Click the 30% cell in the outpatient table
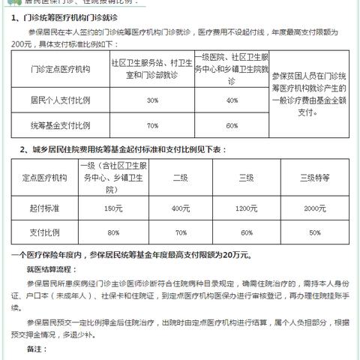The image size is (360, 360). (152, 100)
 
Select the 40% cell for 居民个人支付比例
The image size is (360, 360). (232, 100)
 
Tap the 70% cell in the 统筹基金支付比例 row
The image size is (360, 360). (152, 125)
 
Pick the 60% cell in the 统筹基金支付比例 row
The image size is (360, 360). (232, 125)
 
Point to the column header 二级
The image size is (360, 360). (180, 178)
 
